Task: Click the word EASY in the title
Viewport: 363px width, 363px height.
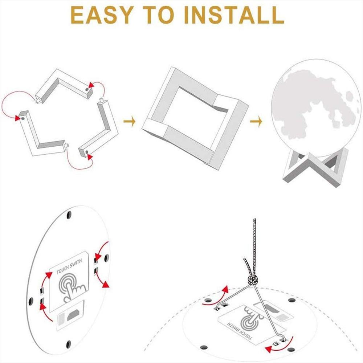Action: [x=102, y=15]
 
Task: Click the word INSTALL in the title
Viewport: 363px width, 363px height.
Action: [x=234, y=15]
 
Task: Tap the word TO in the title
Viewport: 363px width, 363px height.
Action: [x=159, y=15]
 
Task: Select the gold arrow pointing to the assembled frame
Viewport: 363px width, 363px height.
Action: [x=130, y=121]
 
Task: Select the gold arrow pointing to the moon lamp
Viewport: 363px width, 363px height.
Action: [x=256, y=121]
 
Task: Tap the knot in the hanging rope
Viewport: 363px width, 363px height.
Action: [x=253, y=280]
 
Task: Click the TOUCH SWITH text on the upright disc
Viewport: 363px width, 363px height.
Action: [x=69, y=266]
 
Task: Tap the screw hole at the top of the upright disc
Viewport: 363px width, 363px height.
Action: [x=69, y=215]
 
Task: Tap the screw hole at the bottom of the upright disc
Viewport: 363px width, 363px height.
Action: [x=68, y=344]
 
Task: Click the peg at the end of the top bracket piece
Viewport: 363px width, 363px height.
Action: [x=37, y=101]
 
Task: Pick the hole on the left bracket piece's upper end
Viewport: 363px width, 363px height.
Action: [x=23, y=118]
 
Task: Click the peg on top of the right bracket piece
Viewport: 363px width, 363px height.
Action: [x=101, y=101]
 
